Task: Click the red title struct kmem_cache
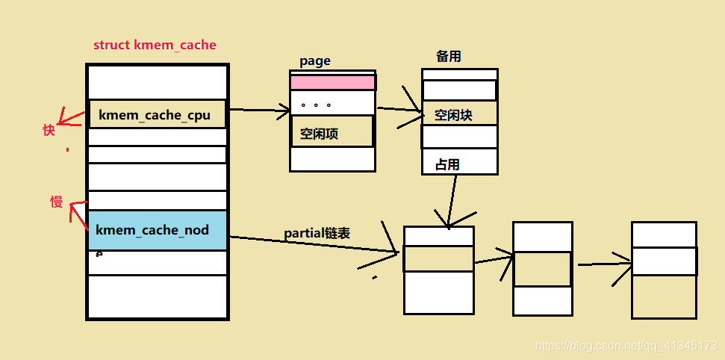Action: (x=155, y=45)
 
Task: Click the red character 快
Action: (x=49, y=130)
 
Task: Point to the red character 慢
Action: (x=56, y=202)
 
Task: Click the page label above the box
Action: (x=314, y=61)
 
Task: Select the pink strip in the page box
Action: (x=332, y=82)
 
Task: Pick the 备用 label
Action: (x=449, y=57)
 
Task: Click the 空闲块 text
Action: (x=453, y=115)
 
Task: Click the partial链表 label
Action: (x=317, y=233)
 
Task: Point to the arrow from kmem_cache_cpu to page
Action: (x=258, y=111)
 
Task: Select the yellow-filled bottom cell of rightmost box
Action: (x=664, y=297)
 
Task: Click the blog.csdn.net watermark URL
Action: (x=626, y=347)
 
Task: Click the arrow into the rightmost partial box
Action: (x=603, y=264)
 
